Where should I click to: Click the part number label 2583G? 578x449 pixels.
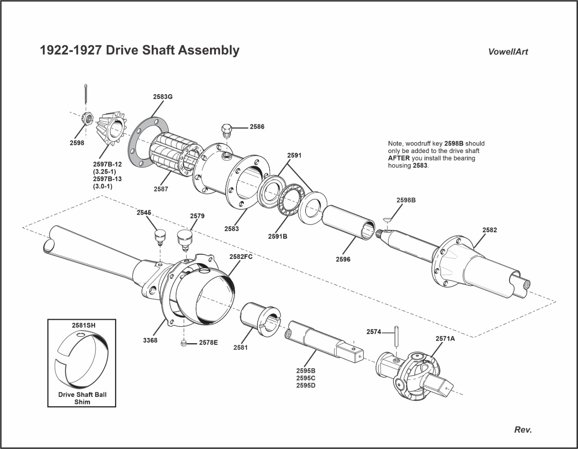[x=163, y=97]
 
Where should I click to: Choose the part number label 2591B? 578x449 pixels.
[x=277, y=236]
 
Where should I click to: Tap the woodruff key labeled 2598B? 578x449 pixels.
[x=388, y=219]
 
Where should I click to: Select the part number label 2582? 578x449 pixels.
[x=489, y=230]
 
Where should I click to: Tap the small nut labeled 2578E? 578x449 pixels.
[x=184, y=342]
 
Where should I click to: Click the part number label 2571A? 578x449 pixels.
[x=445, y=339]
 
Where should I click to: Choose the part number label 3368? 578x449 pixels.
[x=150, y=340]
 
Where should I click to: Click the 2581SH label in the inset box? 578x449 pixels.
[x=83, y=325]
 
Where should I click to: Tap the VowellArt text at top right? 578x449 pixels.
[x=508, y=52]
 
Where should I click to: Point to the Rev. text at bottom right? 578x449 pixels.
[x=523, y=430]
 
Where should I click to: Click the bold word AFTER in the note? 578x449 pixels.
[x=399, y=158]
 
